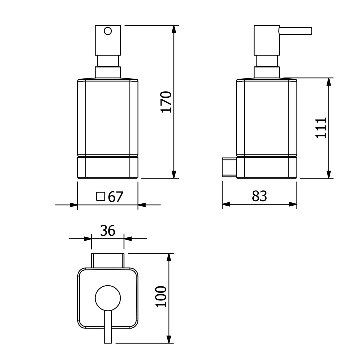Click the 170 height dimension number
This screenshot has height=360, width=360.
coord(166,102)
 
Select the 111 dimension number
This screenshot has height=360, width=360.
coord(321,128)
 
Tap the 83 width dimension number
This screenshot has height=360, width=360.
coord(259,196)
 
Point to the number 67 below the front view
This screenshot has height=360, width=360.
coord(115,197)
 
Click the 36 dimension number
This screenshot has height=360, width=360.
coord(108,231)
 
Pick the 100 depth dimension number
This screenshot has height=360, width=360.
coord(161,297)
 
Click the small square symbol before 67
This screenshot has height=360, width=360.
coord(101,197)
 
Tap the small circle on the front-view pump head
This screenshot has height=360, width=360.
coord(108,31)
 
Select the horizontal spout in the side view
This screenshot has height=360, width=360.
coord(295,31)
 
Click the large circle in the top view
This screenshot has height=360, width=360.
coord(108,298)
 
